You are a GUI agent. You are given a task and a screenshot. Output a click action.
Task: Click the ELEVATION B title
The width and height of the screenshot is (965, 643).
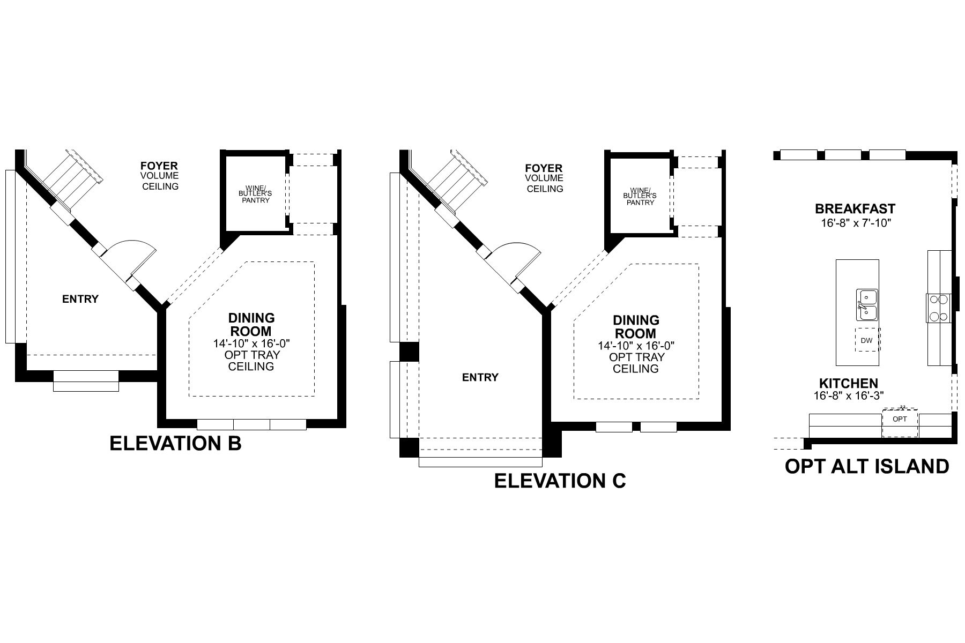tap(175, 444)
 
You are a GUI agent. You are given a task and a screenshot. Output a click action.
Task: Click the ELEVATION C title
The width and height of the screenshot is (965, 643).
tap(560, 481)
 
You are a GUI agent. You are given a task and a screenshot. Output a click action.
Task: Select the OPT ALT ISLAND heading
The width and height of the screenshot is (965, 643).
tap(866, 466)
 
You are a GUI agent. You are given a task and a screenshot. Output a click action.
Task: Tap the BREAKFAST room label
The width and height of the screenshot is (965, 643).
tap(855, 209)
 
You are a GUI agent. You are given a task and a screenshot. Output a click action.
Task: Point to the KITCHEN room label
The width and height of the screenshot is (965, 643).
tap(848, 384)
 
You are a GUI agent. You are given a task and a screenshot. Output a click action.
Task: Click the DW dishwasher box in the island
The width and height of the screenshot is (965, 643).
tap(866, 340)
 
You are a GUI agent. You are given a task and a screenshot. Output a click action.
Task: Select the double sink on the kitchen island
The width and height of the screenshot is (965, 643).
tap(866, 304)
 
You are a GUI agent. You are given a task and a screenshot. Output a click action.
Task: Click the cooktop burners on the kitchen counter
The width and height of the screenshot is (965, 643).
tap(938, 308)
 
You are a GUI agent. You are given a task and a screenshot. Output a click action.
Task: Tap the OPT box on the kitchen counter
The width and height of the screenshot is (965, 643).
tap(900, 419)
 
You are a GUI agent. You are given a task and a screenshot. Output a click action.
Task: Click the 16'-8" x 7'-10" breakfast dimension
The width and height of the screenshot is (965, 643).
tap(855, 222)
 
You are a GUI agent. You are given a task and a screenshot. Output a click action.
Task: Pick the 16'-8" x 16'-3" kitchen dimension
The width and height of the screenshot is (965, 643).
tap(848, 395)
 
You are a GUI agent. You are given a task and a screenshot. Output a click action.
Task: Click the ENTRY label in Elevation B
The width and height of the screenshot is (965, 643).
tap(80, 299)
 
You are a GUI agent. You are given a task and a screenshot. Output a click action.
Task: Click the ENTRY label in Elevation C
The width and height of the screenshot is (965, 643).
tap(480, 377)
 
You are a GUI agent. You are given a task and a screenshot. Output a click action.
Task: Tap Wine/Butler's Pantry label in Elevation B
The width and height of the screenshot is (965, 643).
tap(255, 196)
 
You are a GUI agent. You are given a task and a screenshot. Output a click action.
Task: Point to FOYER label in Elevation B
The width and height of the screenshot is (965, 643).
tap(159, 166)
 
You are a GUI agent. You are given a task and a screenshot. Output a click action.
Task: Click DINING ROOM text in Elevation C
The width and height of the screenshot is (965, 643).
tap(636, 326)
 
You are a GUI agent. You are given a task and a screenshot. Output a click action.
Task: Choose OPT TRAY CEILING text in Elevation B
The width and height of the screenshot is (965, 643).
tap(252, 361)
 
